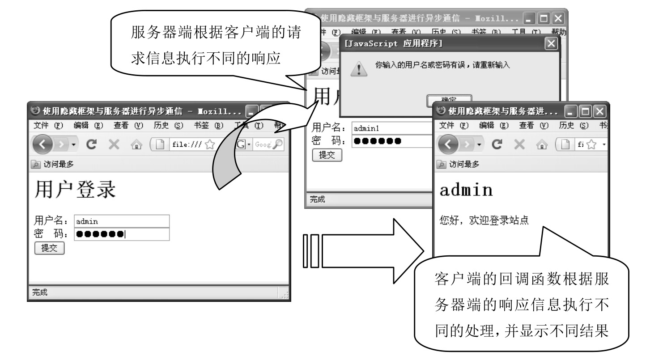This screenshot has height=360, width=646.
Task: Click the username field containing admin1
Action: tap(389, 128)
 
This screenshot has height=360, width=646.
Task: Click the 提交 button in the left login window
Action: tap(50, 248)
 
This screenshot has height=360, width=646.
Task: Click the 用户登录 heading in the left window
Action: tap(75, 190)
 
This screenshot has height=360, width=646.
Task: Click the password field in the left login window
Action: tap(122, 234)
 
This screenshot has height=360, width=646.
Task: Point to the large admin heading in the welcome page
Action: tap(466, 190)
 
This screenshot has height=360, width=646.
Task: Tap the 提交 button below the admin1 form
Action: tap(327, 155)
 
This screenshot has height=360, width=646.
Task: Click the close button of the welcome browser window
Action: tap(599, 110)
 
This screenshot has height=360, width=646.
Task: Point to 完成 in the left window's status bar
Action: tap(40, 293)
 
